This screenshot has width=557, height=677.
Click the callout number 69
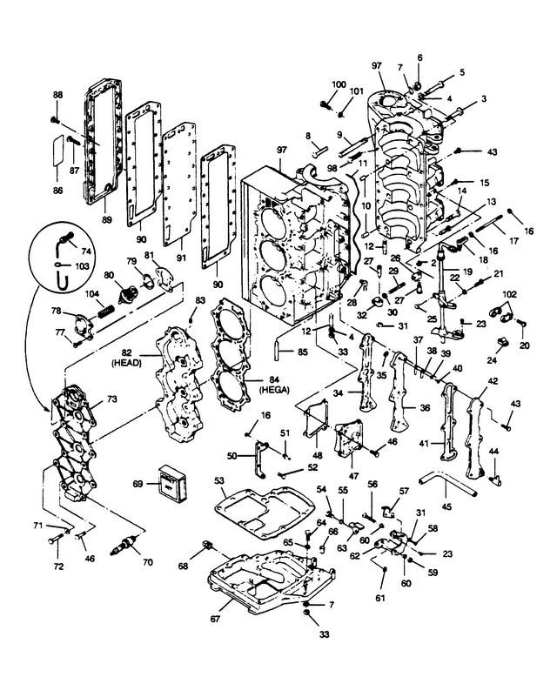click(x=138, y=484)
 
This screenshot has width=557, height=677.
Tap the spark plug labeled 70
click(x=124, y=545)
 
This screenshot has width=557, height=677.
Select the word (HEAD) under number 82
click(x=126, y=363)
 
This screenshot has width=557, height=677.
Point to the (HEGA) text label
click(x=274, y=390)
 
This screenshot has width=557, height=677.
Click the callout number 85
click(x=303, y=352)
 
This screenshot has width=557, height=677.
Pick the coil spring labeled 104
click(x=106, y=311)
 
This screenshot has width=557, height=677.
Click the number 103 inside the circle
click(x=82, y=266)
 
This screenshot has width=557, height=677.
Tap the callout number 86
click(x=57, y=191)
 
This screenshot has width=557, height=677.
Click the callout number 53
click(x=219, y=480)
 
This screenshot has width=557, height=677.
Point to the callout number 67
click(x=215, y=619)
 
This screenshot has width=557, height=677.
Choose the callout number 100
click(x=339, y=84)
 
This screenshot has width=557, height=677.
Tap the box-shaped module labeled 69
click(x=171, y=484)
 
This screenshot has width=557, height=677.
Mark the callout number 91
click(x=181, y=258)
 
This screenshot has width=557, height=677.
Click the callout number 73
click(x=111, y=399)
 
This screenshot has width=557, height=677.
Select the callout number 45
click(x=446, y=506)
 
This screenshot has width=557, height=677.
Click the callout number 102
click(x=509, y=294)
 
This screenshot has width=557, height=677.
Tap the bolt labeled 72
click(x=56, y=540)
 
